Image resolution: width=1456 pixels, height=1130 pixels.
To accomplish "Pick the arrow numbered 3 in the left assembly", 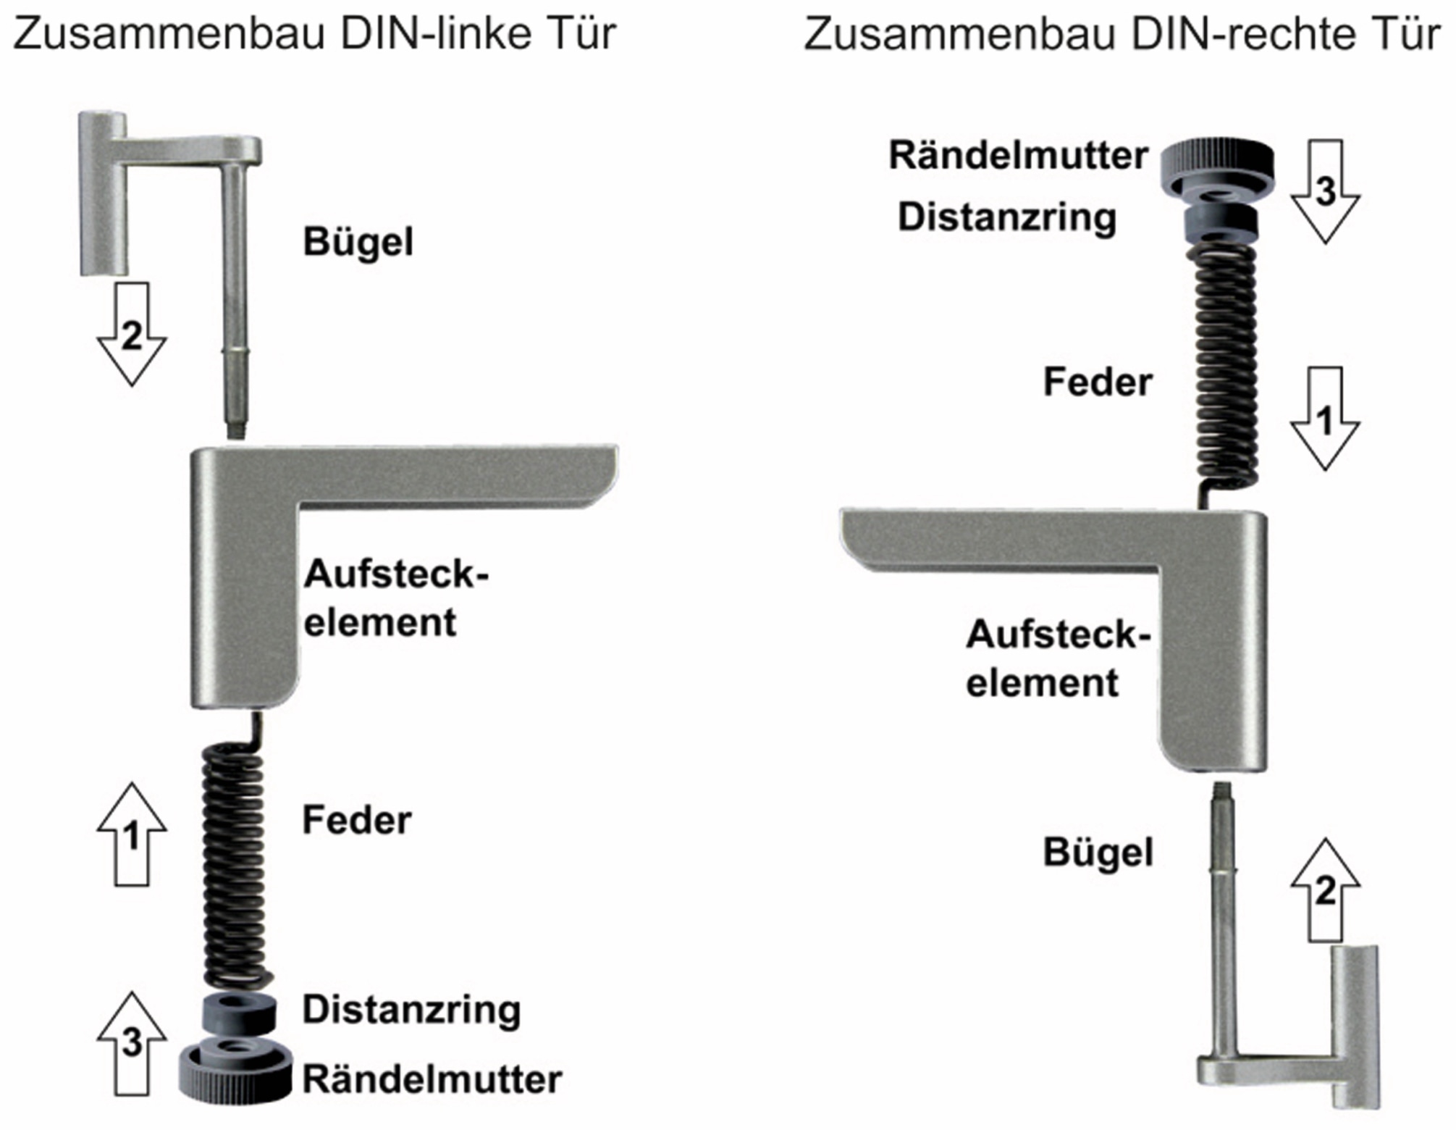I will (132, 1043).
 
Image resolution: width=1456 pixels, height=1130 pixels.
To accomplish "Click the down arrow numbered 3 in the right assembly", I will (1325, 191).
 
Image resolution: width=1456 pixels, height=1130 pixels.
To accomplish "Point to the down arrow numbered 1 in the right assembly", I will (1325, 419).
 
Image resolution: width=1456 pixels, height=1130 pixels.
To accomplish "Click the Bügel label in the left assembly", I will (358, 242).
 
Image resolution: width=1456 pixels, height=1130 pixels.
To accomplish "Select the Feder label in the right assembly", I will (1097, 382).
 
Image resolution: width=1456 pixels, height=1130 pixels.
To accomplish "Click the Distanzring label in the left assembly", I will (411, 1010).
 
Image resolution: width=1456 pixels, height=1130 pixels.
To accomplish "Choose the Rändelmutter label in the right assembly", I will (1018, 155).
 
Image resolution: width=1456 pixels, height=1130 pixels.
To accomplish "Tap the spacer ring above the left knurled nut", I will (238, 1013).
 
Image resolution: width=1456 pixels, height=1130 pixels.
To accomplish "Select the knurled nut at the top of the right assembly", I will (1218, 164).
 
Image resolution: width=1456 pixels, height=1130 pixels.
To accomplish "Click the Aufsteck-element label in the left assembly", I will (395, 598).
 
